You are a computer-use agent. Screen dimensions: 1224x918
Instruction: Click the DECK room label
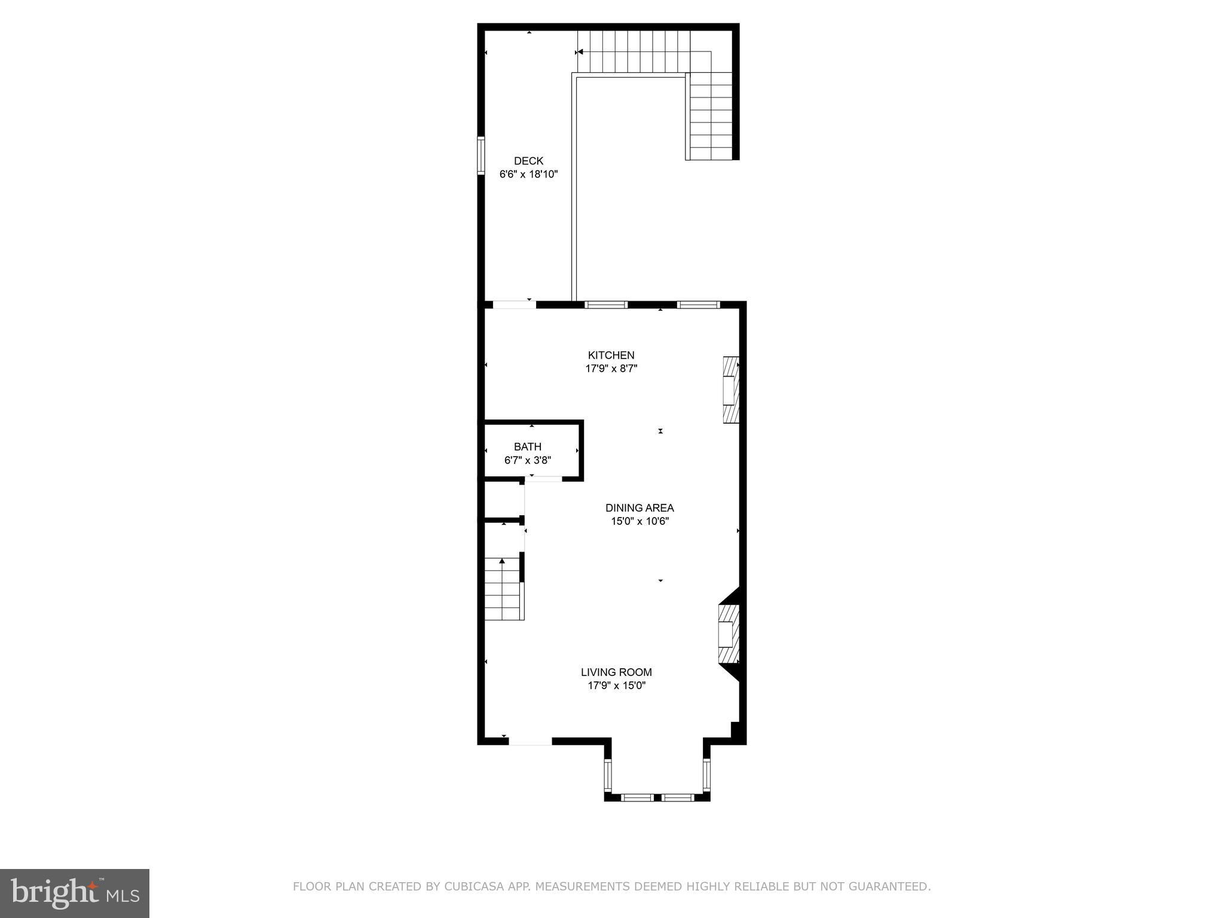(528, 161)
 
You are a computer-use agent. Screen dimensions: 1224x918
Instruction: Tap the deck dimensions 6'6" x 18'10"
(528, 175)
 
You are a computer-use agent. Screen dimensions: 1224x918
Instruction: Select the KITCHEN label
(611, 355)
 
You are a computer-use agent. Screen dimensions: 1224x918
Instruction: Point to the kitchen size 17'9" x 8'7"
(611, 369)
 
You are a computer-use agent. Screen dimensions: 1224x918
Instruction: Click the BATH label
(528, 446)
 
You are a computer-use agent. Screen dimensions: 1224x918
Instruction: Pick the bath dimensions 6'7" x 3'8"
(528, 460)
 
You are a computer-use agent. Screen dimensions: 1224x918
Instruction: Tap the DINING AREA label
(639, 508)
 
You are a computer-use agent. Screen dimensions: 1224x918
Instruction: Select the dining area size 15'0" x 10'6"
(639, 521)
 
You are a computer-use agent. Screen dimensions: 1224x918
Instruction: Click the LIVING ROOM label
(616, 672)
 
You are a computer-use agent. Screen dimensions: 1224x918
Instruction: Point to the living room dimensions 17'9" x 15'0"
(616, 686)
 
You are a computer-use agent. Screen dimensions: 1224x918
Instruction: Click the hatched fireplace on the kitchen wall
(731, 390)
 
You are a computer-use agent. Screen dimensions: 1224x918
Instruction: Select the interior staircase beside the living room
(504, 589)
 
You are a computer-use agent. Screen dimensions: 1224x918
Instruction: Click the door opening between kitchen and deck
(514, 305)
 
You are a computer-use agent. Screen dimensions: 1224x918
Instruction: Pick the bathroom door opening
(543, 478)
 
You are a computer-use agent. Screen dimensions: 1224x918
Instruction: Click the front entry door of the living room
(530, 741)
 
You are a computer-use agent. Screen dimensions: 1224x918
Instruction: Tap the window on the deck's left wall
(481, 155)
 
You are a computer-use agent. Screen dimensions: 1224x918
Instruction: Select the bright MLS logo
(75, 893)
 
